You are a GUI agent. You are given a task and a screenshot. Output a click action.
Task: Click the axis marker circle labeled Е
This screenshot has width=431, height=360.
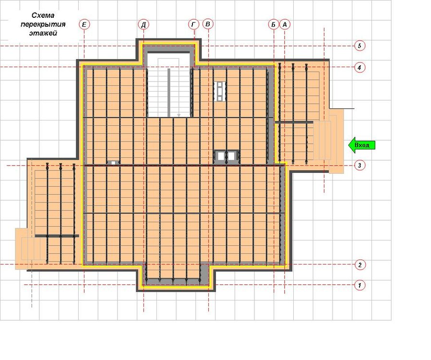pos(84,24)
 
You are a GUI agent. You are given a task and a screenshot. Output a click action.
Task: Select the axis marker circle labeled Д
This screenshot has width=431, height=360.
pos(144,24)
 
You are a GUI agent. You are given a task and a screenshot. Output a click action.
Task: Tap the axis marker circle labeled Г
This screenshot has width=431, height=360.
pos(193,24)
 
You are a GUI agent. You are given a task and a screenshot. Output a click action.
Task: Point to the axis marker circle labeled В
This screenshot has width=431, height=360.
pos(208,24)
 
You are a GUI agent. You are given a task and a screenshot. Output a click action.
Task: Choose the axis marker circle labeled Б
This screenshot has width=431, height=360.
pos(274,24)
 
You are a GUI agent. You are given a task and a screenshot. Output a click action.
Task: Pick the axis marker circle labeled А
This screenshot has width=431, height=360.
pos(285,24)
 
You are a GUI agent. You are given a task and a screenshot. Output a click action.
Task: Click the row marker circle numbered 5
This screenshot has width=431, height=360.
pos(360,45)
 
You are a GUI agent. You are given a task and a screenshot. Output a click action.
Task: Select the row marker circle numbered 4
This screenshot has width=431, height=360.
pos(360,67)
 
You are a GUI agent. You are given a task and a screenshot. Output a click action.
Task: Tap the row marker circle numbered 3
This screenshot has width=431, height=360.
pos(359,166)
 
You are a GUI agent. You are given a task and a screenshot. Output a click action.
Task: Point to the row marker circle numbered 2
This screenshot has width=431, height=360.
pos(360,265)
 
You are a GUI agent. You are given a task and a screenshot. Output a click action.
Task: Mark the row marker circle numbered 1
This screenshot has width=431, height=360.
pos(360,285)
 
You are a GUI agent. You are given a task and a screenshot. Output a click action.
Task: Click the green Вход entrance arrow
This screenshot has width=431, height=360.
pos(362,145)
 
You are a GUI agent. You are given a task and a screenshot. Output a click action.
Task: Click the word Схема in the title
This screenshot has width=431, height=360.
pos(43,15)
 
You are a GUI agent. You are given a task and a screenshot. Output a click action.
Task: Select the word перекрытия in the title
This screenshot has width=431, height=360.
pos(43,24)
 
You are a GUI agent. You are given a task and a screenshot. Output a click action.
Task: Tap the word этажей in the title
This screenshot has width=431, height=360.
pos(43,33)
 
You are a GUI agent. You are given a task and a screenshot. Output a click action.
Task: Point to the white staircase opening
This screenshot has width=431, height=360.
pos(169,85)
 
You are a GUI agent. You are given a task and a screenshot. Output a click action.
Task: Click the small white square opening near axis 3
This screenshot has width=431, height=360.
pos(113,163)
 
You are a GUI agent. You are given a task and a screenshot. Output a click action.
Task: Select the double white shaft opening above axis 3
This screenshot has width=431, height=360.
pos(226,156)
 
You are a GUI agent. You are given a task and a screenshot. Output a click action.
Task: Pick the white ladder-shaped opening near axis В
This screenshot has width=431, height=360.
pos(220,91)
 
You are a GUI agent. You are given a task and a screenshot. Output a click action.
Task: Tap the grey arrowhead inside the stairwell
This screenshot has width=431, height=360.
pos(179,115)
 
